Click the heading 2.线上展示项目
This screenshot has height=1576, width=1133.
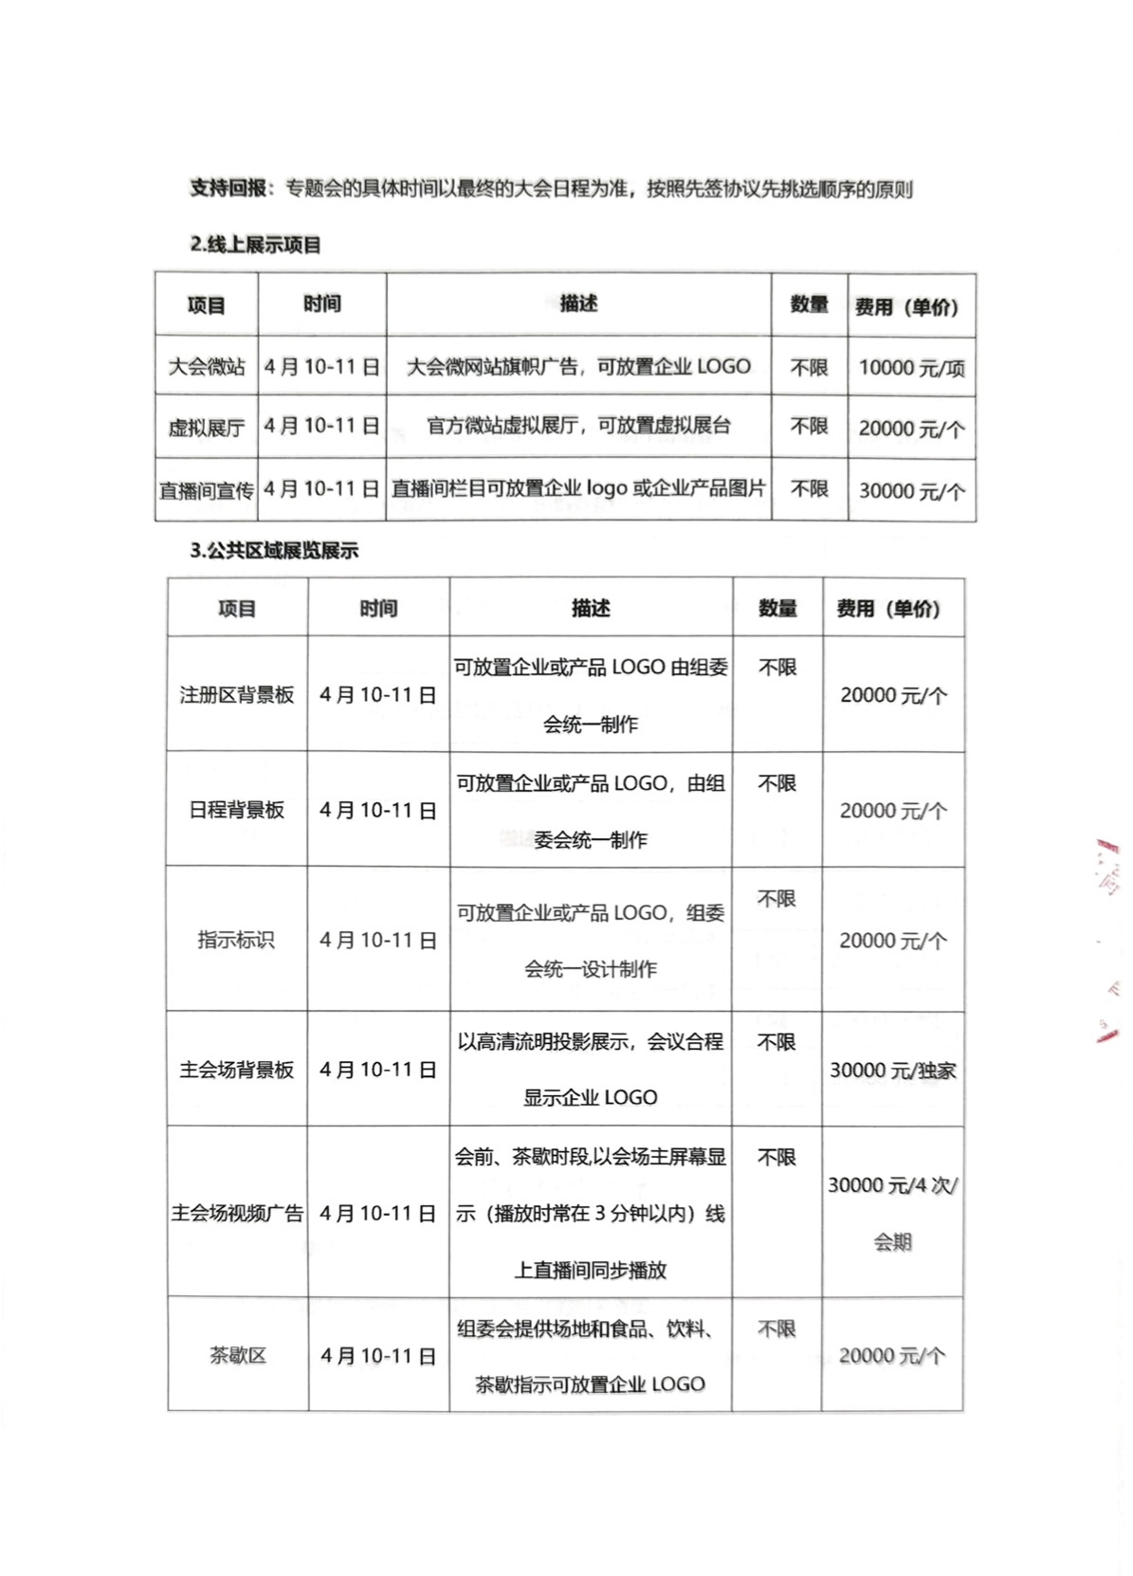255,245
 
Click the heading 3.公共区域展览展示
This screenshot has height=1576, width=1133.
274,551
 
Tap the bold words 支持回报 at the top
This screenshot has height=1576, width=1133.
228,189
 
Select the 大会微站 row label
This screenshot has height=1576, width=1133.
207,366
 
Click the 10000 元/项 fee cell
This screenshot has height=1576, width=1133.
911,368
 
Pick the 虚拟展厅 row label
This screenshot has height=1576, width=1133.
207,428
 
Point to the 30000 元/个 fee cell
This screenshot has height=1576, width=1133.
911,491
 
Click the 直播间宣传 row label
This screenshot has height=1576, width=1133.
207,490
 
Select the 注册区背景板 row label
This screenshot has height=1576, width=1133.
237,695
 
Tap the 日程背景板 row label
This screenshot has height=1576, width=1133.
237,810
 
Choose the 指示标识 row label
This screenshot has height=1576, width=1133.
236,940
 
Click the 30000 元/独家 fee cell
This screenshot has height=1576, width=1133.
893,1071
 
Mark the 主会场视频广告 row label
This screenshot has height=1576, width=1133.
237,1213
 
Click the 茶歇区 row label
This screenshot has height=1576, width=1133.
237,1356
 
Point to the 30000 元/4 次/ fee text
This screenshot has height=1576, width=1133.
893,1185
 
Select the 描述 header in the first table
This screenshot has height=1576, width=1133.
578,303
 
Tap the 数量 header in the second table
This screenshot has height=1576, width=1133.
777,609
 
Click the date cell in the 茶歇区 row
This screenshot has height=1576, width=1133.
378,1356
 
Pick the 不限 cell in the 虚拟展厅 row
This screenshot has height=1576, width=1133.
809,427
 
